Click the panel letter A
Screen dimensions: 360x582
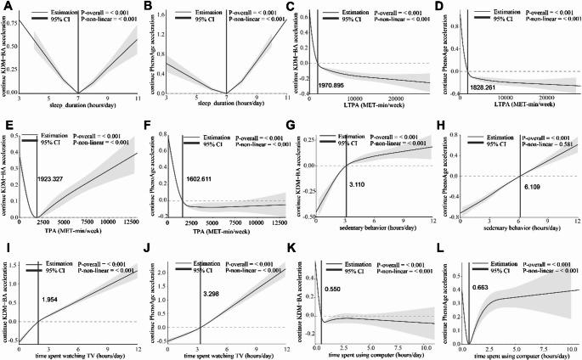tap(7, 7)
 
